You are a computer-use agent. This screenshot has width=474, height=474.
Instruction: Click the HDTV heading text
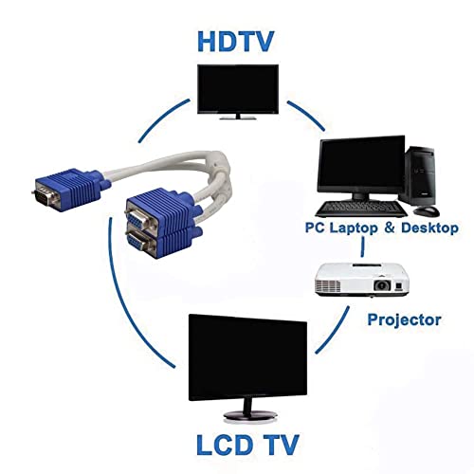point(235,42)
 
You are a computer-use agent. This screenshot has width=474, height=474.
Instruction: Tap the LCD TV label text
point(247,445)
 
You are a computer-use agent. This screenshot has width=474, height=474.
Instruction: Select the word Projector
point(404,320)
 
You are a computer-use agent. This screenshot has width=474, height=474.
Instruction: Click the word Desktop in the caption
point(429,228)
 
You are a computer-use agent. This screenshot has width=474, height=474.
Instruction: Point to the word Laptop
point(354,228)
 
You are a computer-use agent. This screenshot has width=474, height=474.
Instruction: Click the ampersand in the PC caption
point(390,228)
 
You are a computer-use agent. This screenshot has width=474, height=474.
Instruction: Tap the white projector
point(362,280)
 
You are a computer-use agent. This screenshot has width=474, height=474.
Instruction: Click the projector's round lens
point(382,285)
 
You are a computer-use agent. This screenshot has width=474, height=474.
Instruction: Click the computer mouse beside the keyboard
point(427,211)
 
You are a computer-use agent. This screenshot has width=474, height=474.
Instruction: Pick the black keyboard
point(361,209)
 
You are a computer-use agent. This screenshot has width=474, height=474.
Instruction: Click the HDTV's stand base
point(238,118)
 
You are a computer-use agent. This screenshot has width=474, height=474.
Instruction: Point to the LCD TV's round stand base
point(250,415)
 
